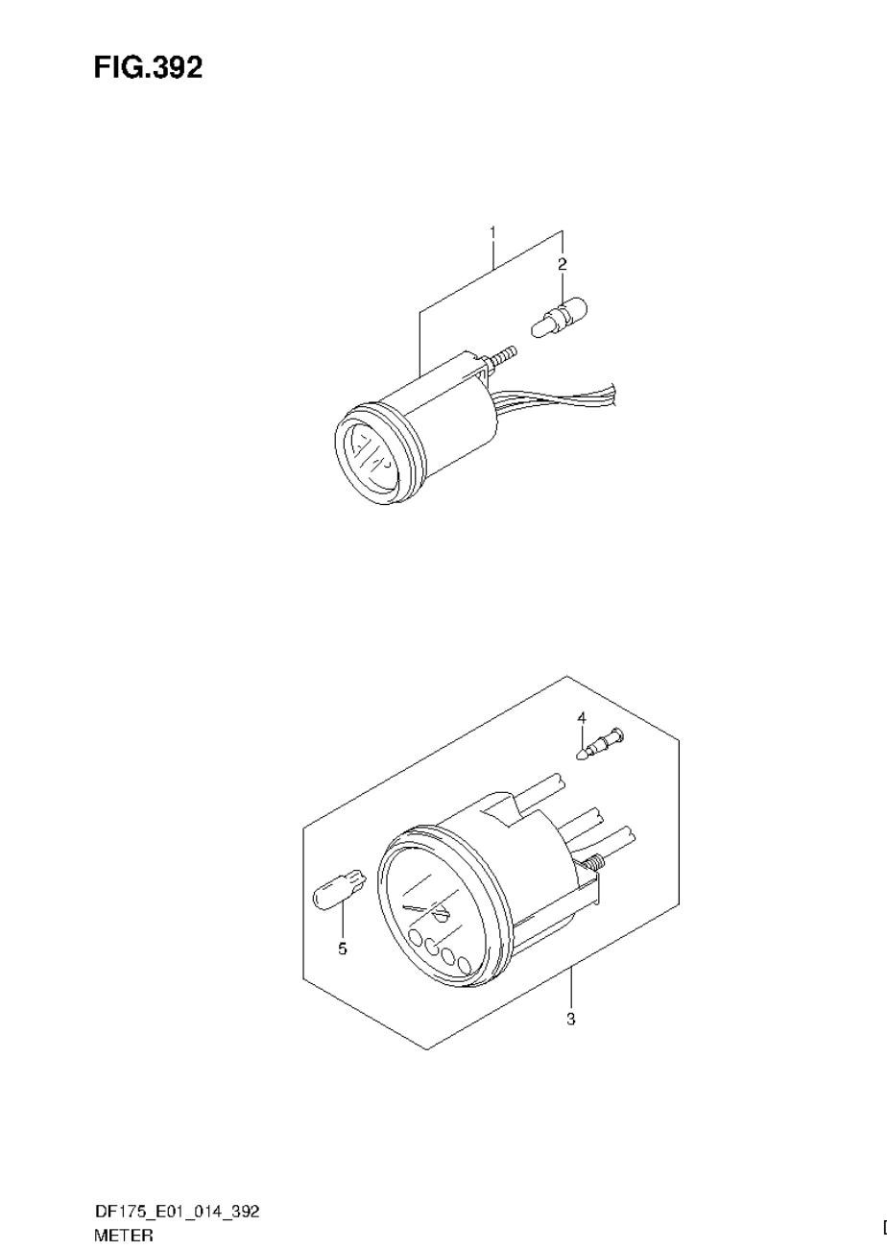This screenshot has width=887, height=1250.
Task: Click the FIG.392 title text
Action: point(148,67)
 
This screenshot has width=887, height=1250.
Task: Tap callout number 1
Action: point(492,232)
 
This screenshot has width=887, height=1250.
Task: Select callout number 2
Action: point(563,263)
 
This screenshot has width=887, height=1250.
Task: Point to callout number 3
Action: point(570,1019)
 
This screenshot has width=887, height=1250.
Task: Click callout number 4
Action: point(581,717)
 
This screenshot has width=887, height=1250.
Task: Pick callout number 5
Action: point(343,950)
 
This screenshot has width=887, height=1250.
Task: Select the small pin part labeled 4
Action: point(600,745)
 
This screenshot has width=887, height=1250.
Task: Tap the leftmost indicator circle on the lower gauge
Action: point(415,938)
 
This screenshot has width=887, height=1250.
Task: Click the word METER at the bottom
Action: point(123,1238)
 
